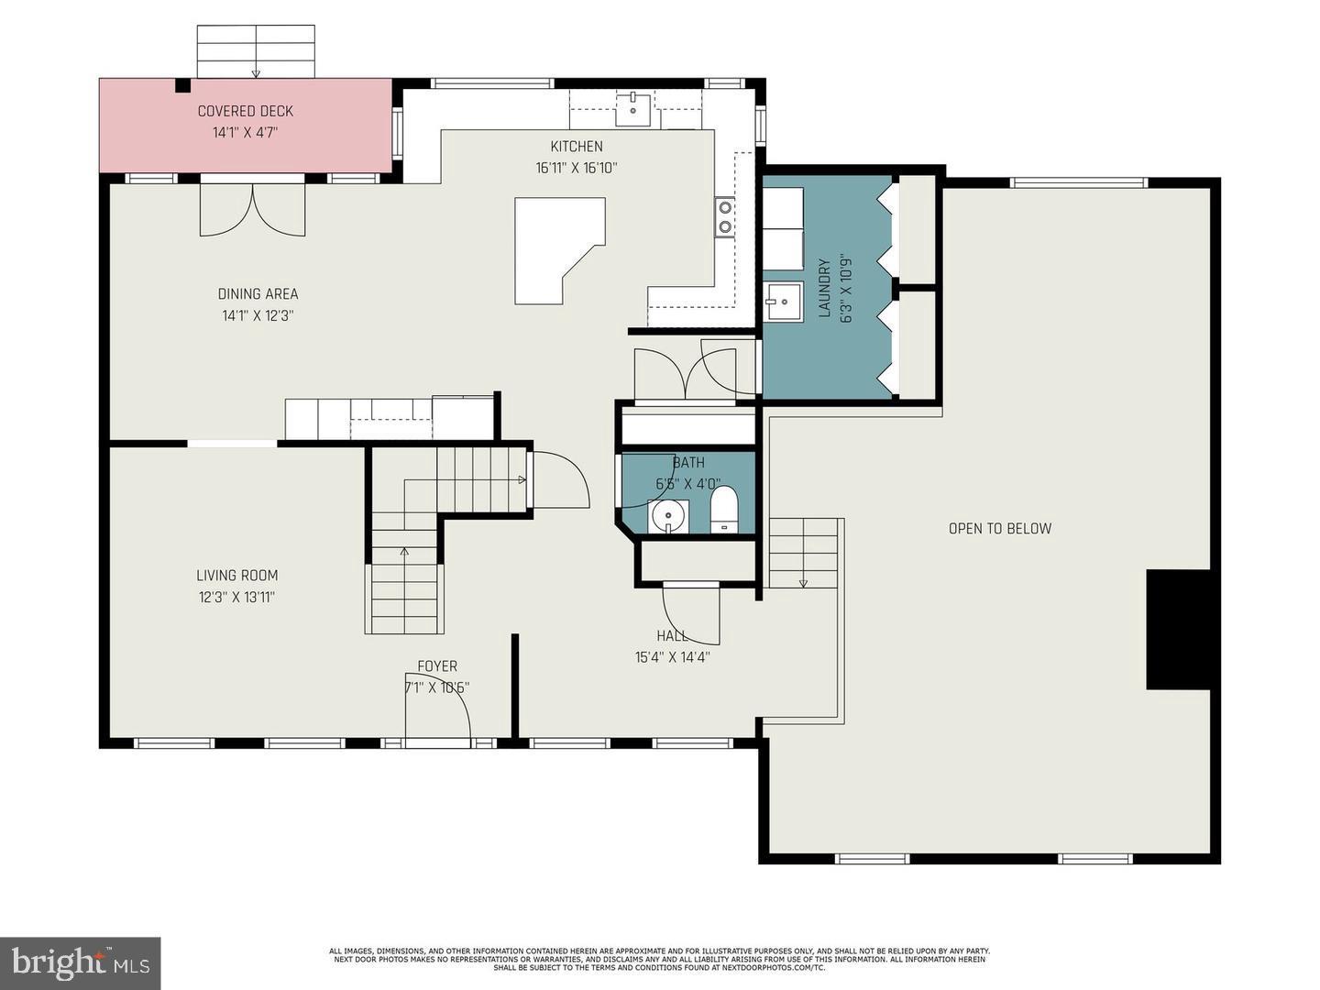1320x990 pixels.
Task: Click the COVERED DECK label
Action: (x=245, y=111)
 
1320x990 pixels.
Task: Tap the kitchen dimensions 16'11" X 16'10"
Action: (x=577, y=168)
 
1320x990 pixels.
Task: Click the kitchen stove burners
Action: (x=724, y=216)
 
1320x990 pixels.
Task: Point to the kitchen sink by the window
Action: (x=632, y=109)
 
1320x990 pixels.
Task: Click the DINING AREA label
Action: (x=258, y=294)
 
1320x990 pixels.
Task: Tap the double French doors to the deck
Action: (x=253, y=209)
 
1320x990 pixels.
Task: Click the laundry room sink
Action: (x=783, y=301)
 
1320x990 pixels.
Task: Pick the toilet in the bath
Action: (x=723, y=510)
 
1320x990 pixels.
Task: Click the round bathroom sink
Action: (x=669, y=516)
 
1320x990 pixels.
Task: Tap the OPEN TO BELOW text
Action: (x=999, y=528)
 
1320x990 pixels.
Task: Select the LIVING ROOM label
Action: (x=236, y=576)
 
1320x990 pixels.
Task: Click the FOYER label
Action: (x=437, y=666)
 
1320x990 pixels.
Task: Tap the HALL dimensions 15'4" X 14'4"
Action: (x=672, y=656)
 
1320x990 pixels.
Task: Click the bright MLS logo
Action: (x=81, y=962)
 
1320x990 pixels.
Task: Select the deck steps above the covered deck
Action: (x=256, y=51)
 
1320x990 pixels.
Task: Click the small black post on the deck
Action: (x=183, y=86)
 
